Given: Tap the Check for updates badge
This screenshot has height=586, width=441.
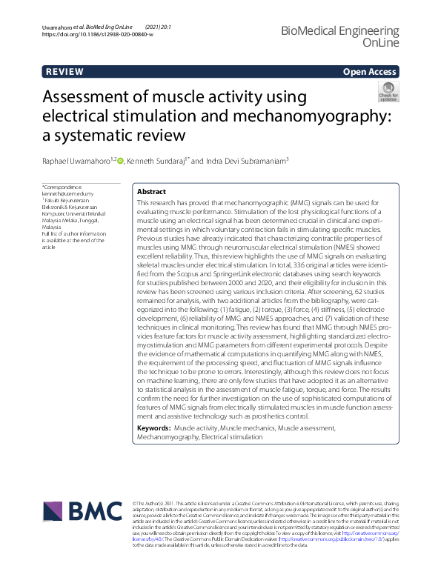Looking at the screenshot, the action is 388,91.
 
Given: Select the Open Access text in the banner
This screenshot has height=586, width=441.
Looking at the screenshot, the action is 371,72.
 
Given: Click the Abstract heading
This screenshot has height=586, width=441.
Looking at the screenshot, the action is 152,191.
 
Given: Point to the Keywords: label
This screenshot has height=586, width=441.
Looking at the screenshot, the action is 154,428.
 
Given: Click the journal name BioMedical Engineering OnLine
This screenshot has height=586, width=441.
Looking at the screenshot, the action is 351,35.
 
